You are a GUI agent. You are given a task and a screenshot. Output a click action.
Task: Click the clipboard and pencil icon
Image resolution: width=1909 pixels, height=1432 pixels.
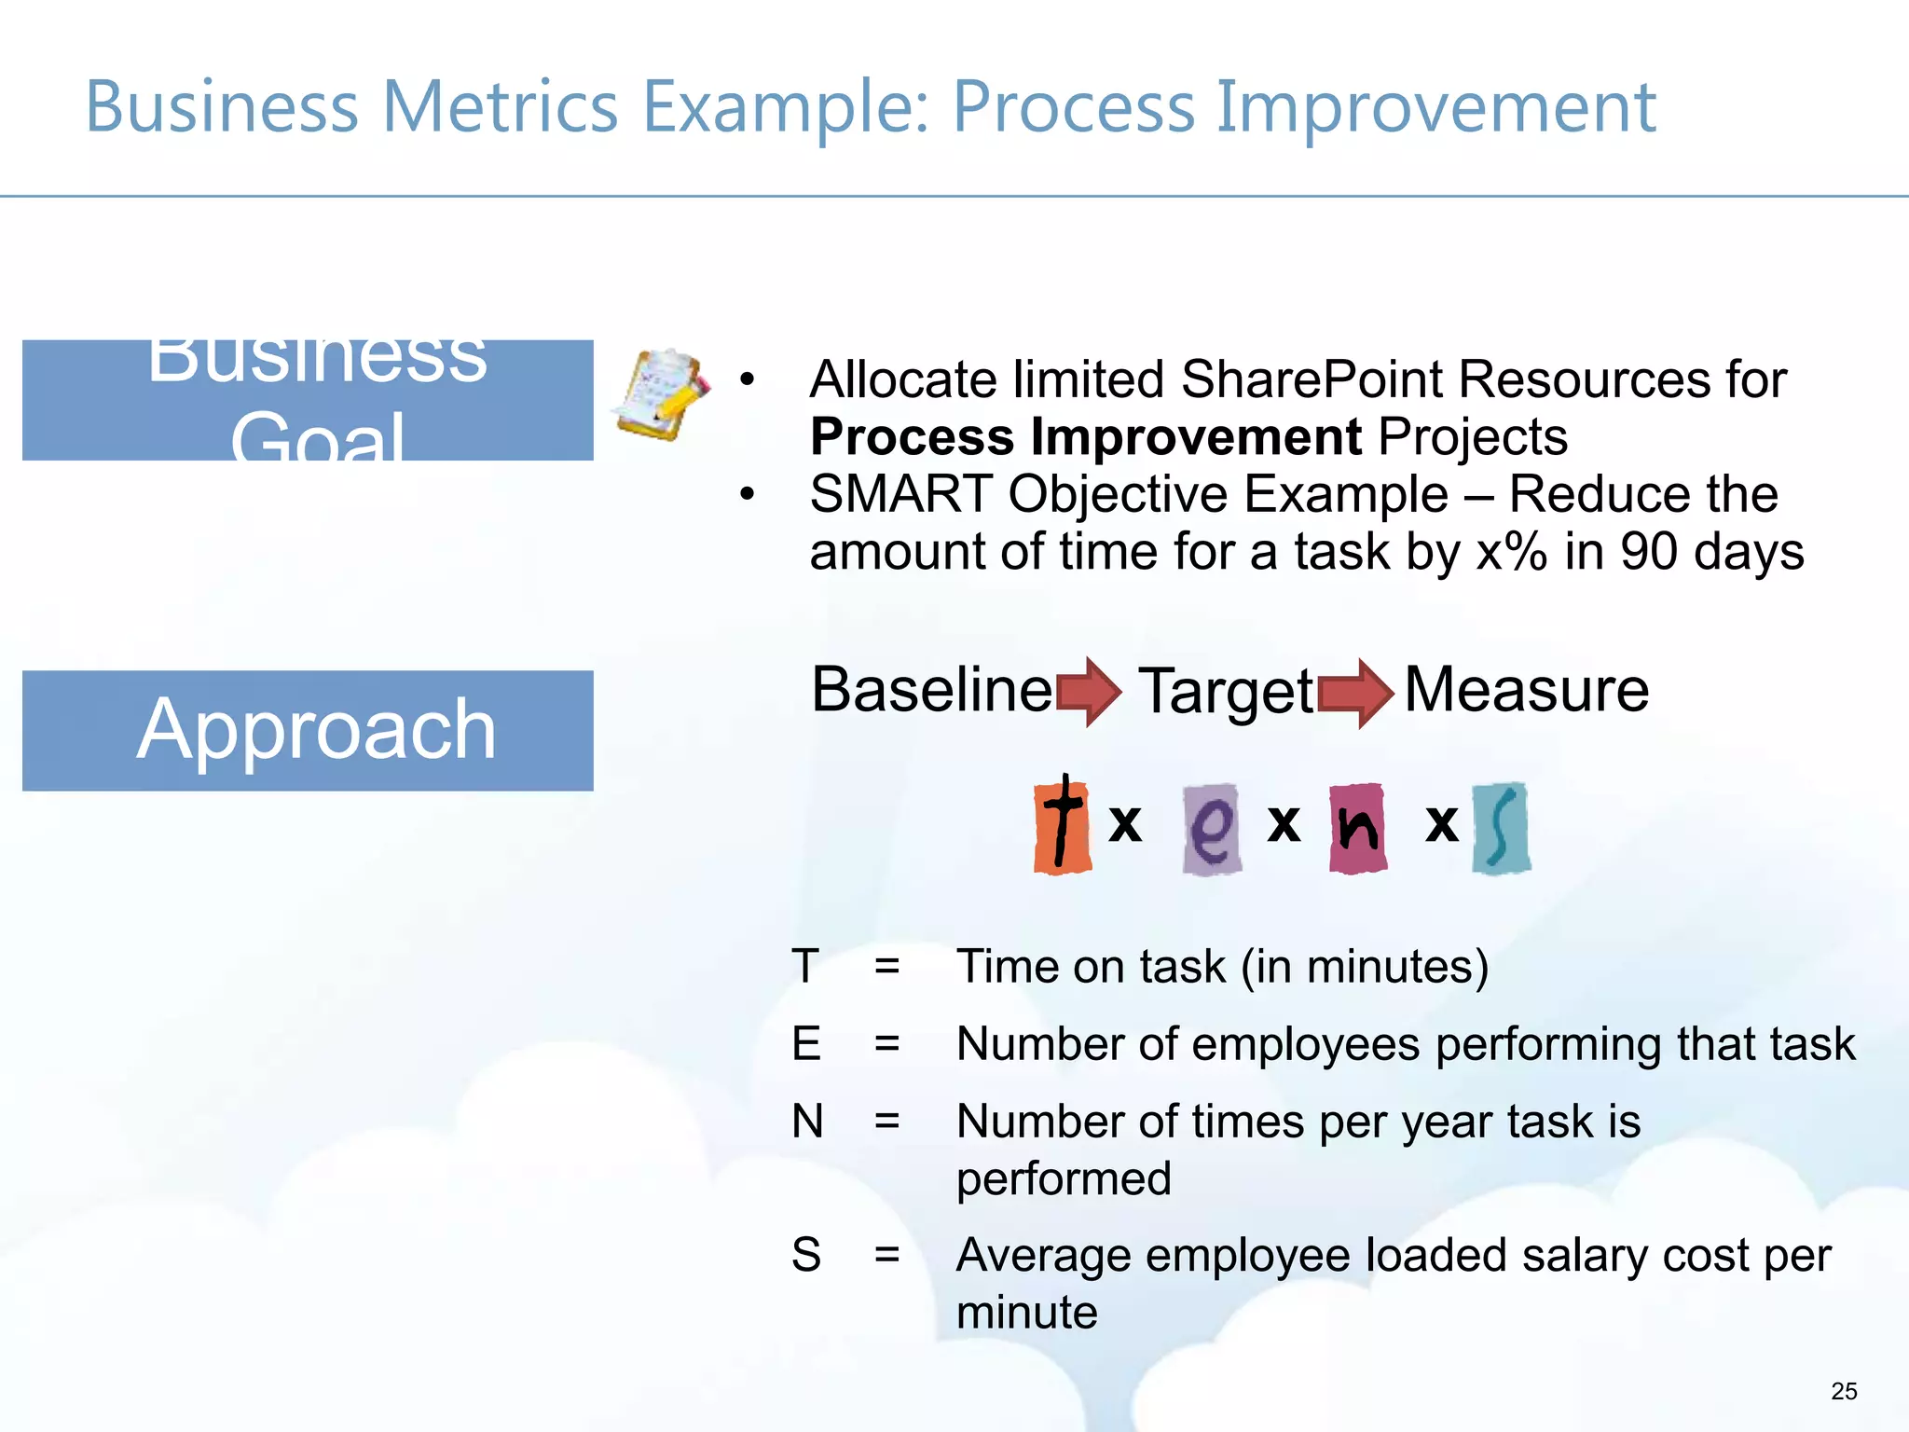point(662,394)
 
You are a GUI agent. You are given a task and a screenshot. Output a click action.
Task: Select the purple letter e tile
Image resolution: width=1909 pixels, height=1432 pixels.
point(1211,829)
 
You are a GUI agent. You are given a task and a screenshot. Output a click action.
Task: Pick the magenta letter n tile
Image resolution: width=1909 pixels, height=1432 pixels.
point(1358,828)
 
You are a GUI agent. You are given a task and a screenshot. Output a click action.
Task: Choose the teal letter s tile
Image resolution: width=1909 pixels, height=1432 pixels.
point(1501,828)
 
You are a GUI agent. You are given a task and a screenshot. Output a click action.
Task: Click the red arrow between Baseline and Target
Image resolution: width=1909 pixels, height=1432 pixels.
point(1089,692)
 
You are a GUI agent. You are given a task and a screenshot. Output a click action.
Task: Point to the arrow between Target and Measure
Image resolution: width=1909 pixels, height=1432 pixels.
point(1355,693)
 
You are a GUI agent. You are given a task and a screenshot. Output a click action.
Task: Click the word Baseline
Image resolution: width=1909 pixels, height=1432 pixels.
point(931,690)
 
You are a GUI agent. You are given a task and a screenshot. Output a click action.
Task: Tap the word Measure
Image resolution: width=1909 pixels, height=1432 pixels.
point(1526,690)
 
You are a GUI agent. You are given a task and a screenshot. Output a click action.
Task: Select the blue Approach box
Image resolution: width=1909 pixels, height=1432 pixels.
point(308,730)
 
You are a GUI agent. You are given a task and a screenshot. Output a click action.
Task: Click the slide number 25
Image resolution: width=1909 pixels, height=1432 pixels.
point(1844,1391)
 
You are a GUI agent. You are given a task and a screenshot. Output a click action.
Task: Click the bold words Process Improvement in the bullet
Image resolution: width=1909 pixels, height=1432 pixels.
point(1086,436)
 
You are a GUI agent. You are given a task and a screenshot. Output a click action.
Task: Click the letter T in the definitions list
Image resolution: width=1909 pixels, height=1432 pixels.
point(805,966)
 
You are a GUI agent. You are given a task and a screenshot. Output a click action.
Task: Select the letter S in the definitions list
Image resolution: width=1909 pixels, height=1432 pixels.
point(806,1255)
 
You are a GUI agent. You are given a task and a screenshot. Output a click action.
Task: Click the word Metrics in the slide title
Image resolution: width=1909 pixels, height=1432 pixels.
point(500,106)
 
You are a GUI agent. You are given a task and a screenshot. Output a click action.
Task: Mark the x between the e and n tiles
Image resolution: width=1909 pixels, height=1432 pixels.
point(1284,823)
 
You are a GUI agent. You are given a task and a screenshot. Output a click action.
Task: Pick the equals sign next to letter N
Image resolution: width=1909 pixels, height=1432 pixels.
point(887,1121)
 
